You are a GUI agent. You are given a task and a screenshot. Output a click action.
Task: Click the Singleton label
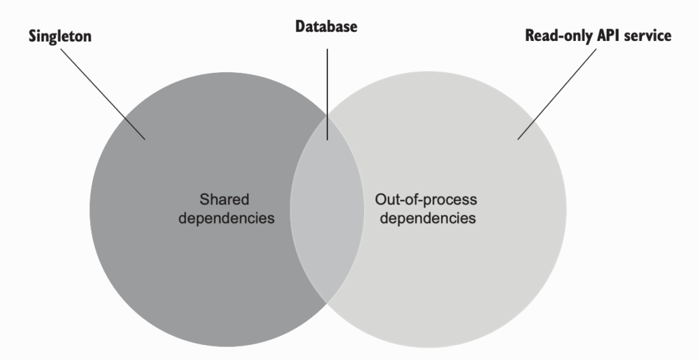tap(60, 37)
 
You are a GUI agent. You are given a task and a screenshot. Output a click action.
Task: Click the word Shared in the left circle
tap(224, 200)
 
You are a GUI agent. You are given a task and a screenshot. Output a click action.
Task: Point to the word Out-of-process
tap(426, 200)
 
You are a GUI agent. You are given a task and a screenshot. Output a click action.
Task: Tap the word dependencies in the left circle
tap(232, 219)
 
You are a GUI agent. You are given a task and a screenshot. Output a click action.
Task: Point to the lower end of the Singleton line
tap(145, 139)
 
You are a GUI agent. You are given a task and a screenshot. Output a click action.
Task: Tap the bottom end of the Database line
tap(327, 139)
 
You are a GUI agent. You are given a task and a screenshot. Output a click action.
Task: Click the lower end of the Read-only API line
tap(518, 139)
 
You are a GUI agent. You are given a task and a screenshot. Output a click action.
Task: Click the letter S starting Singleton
tap(33, 37)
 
